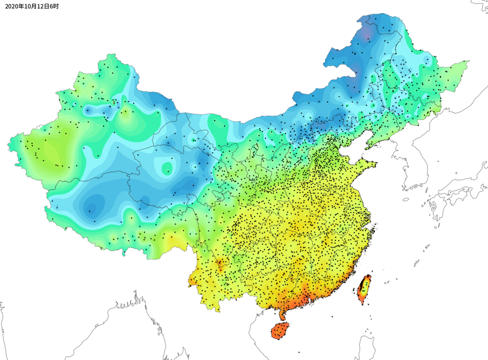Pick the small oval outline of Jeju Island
point(406,199)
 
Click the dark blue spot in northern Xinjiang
point(87,111)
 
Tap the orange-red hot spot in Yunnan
point(220,264)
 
